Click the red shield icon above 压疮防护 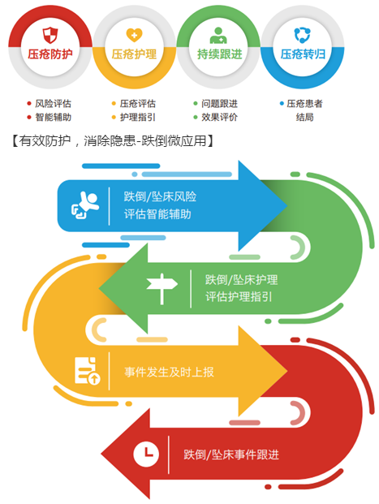pos(50,35)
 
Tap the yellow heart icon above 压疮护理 pos(134,35)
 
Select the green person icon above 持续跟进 pos(218,36)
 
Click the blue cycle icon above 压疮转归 pos(302,36)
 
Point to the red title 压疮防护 pos(50,54)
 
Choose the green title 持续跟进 pos(220,54)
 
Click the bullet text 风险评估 pos(53,104)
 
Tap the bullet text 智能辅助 pos(53,117)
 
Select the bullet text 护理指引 pos(138,117)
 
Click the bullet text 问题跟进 pos(220,104)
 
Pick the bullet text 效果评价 pos(220,117)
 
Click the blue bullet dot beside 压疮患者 pos(282,104)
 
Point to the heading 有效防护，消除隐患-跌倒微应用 pos(113,140)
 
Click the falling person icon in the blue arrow pos(85,205)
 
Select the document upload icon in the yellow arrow pos(88,371)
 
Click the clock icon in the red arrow pos(146,454)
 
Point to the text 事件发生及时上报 pos(169,372)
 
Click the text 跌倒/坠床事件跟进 pos(231,454)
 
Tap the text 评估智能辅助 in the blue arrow pos(157,214)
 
